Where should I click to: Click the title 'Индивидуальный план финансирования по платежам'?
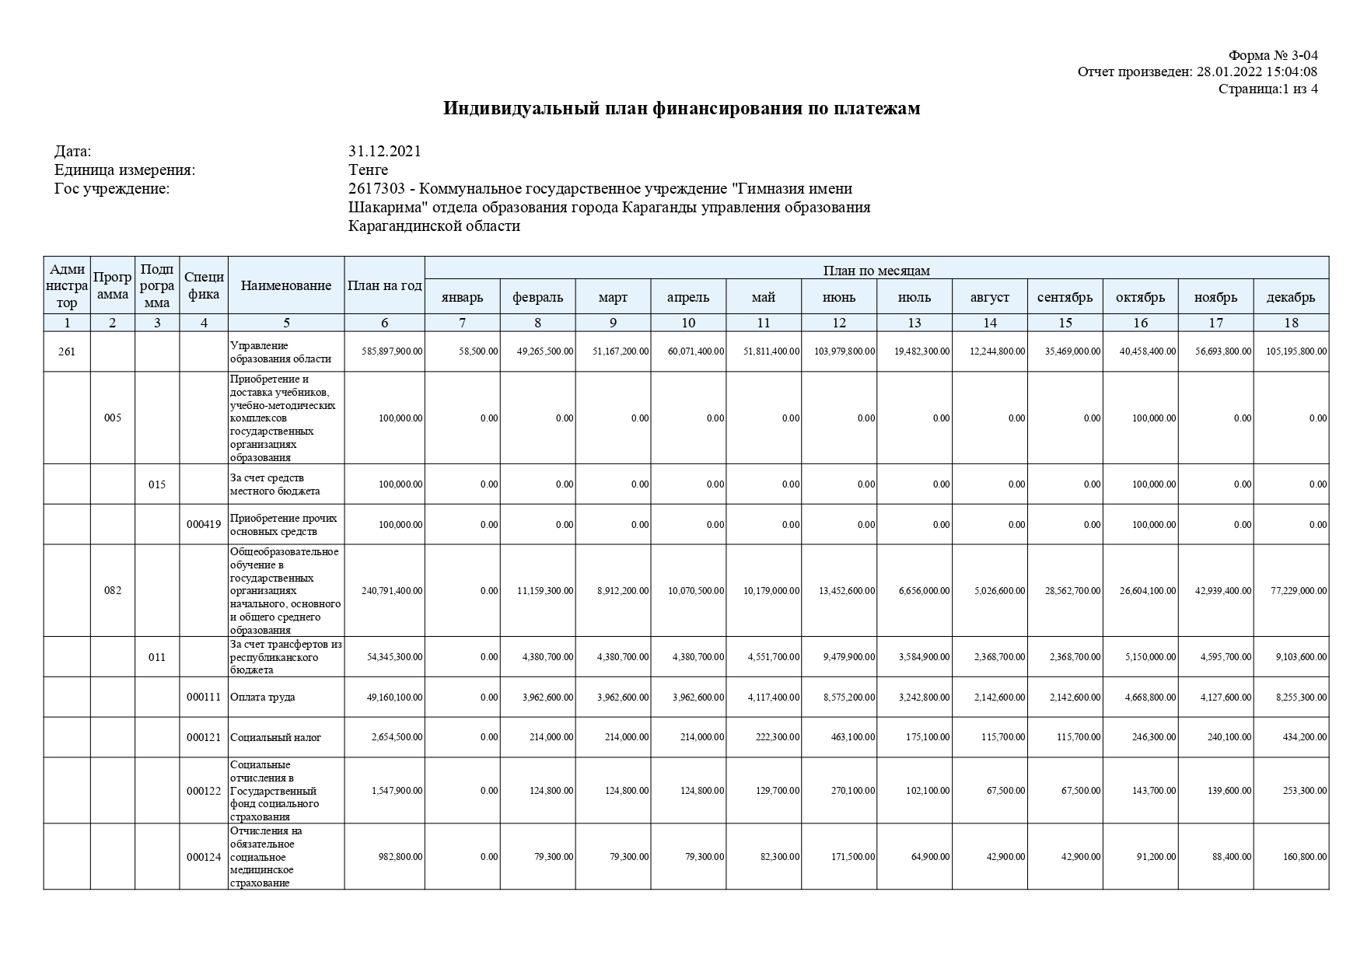[681, 108]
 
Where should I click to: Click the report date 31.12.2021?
[385, 151]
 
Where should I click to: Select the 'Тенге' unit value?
[369, 170]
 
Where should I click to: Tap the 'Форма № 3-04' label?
[1272, 55]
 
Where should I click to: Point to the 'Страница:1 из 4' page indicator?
[1268, 89]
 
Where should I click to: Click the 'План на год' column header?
[384, 285]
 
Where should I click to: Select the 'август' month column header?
[989, 297]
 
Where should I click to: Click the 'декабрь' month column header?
[1290, 297]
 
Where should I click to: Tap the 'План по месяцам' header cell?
[876, 271]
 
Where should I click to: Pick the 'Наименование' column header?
[286, 285]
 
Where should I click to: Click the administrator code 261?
[67, 351]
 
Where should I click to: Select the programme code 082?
[113, 590]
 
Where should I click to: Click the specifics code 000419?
[204, 524]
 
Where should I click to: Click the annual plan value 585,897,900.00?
[393, 351]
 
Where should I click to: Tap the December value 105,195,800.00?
[1296, 351]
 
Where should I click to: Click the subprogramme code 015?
[157, 484]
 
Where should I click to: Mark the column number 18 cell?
[1291, 323]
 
